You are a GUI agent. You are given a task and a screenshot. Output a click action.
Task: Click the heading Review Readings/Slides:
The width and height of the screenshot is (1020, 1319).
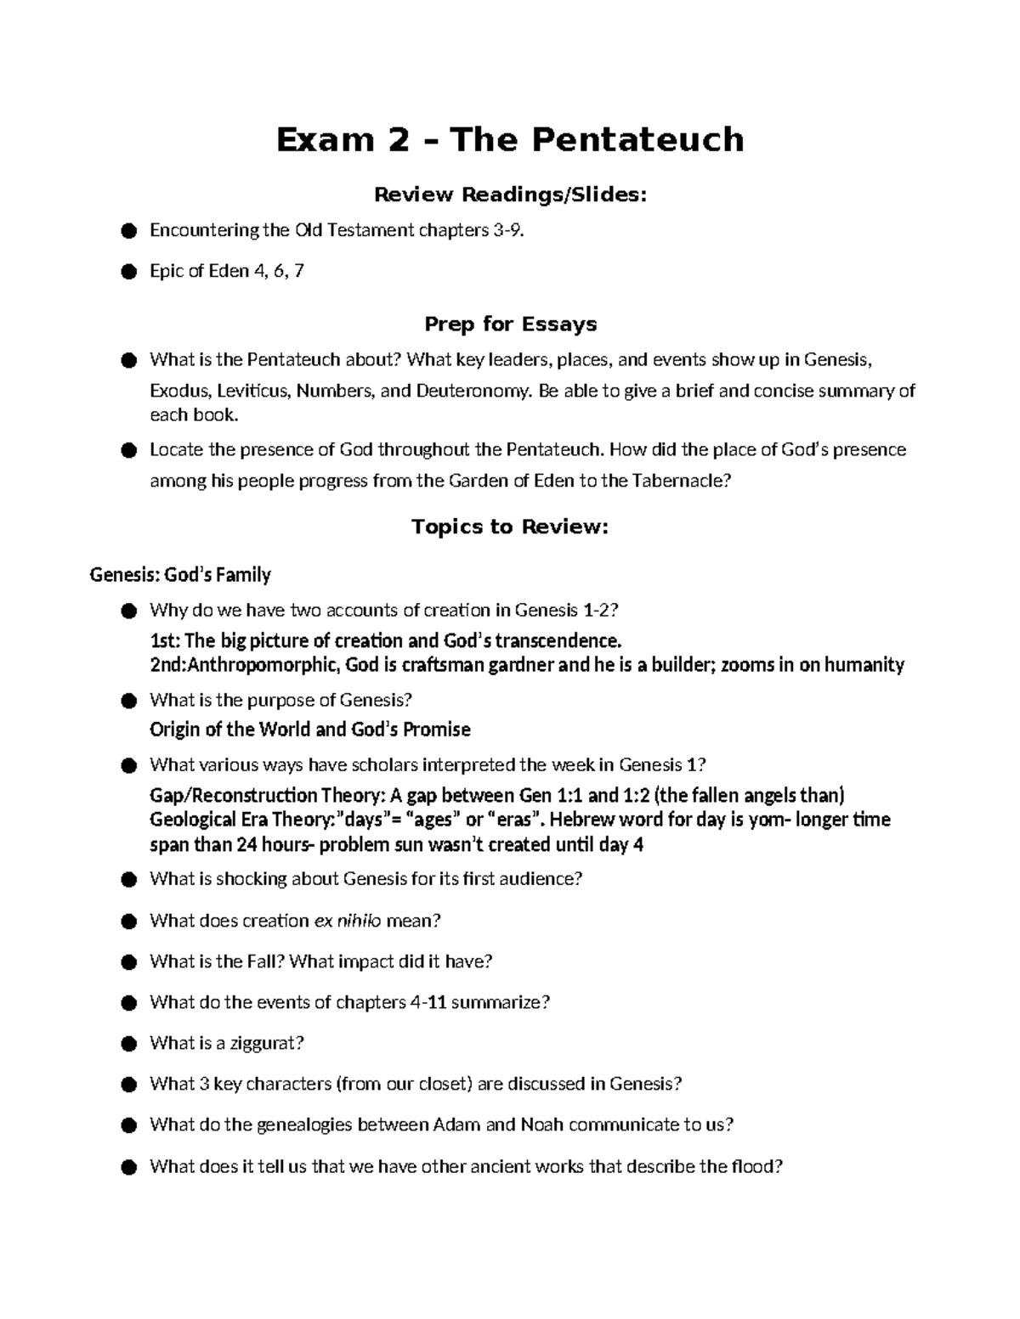coord(510,195)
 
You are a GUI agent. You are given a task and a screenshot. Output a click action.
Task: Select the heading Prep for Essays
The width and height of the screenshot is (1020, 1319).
coord(510,324)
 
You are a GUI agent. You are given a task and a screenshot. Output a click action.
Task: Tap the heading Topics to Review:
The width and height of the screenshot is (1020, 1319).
coord(510,527)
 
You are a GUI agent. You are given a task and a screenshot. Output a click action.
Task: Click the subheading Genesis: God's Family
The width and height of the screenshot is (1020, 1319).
coord(180,575)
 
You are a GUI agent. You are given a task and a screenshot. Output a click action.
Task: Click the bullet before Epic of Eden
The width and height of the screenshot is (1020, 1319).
coord(128,272)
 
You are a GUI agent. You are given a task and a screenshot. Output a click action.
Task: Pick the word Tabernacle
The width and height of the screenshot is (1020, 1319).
coord(676,481)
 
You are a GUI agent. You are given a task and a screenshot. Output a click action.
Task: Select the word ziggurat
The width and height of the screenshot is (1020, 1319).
coord(263,1043)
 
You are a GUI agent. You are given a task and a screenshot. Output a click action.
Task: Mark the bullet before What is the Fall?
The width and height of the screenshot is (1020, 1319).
coord(128,962)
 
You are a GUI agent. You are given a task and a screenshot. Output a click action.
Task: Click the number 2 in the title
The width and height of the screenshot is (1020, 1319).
coord(394,139)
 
